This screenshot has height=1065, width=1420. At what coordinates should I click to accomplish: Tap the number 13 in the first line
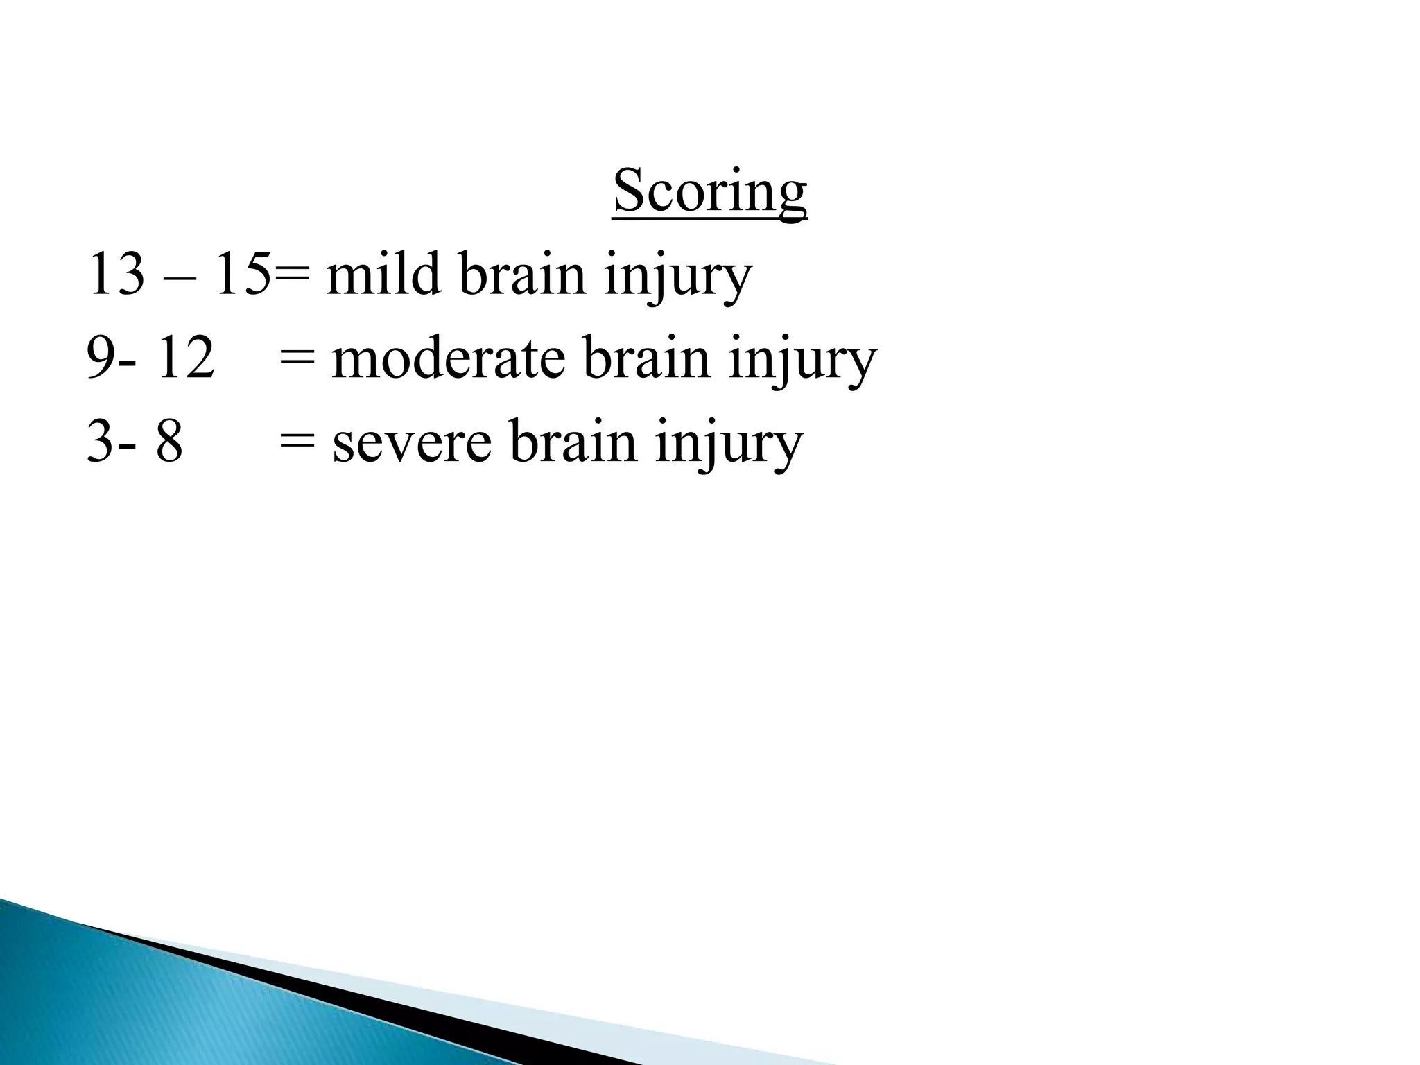click(x=116, y=275)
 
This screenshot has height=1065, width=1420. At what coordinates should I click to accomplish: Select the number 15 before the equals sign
click(x=241, y=275)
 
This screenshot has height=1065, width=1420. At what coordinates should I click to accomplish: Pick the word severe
click(x=412, y=442)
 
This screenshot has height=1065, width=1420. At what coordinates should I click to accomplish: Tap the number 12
click(x=185, y=358)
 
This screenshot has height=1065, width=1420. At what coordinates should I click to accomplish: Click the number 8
click(x=169, y=442)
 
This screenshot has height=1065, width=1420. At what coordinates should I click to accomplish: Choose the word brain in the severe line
click(x=573, y=442)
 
